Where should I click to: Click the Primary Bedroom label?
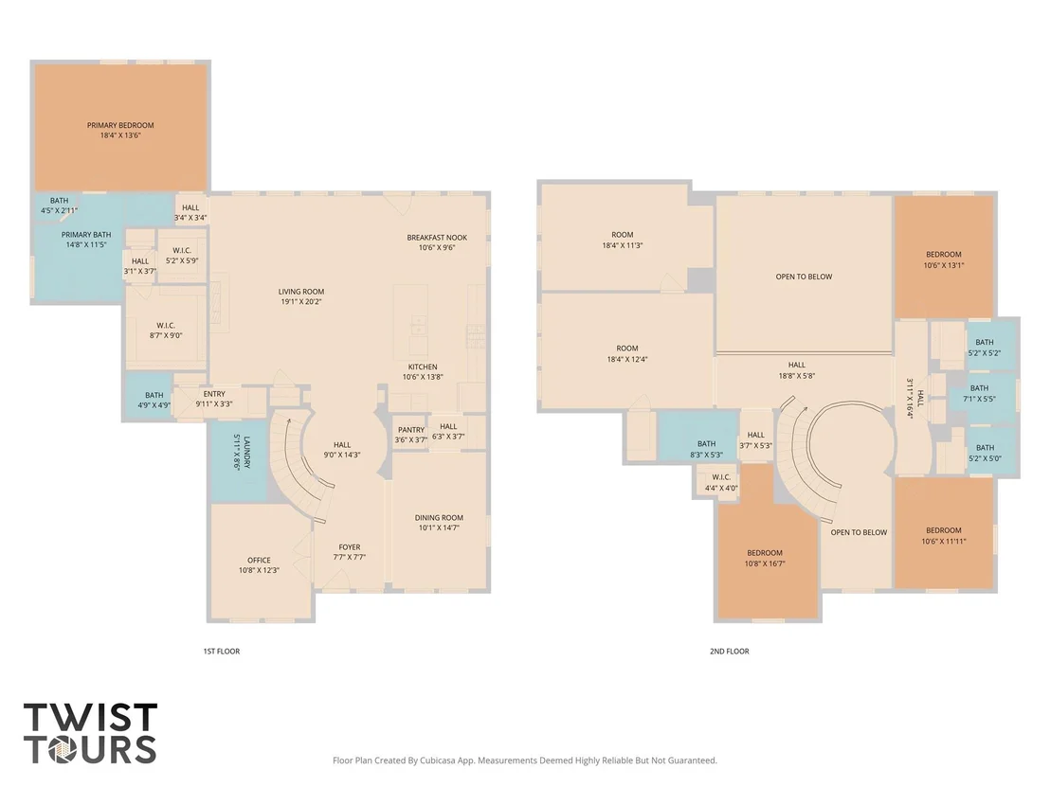click(x=120, y=125)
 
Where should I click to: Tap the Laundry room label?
click(x=246, y=453)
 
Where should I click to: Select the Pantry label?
click(x=411, y=430)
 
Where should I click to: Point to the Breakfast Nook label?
click(x=437, y=238)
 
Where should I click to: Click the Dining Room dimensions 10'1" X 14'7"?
click(x=439, y=528)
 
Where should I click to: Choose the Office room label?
click(x=259, y=560)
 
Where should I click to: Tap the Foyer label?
click(x=350, y=546)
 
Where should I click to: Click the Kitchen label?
click(x=423, y=367)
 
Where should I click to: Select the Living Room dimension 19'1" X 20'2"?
click(x=301, y=302)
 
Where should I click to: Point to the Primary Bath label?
click(x=86, y=235)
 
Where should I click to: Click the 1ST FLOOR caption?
click(x=222, y=652)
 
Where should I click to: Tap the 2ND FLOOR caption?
click(x=730, y=652)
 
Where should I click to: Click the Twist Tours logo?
click(x=90, y=733)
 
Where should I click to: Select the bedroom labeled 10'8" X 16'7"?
click(x=765, y=558)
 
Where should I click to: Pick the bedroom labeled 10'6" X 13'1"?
click(x=944, y=259)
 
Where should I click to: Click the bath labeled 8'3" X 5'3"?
click(x=706, y=449)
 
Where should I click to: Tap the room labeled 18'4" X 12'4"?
click(x=626, y=353)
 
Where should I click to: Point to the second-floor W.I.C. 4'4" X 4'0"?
click(x=721, y=482)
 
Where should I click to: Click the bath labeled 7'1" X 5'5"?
click(x=979, y=394)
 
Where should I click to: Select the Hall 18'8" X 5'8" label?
click(x=797, y=370)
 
